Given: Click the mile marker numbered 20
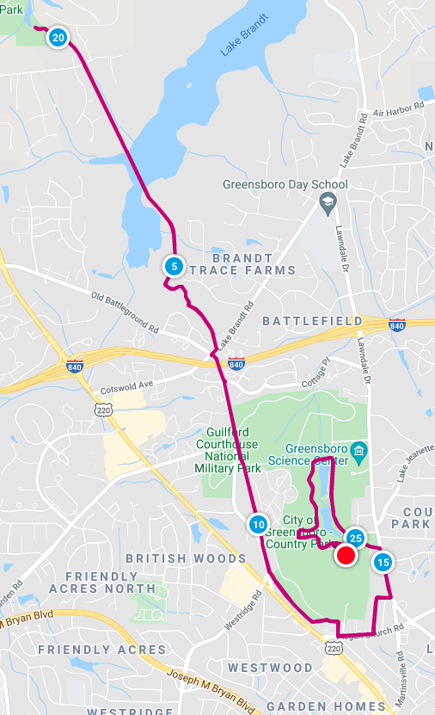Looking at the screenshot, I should pos(58,38).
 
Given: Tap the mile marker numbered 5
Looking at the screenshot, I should pos(174,267).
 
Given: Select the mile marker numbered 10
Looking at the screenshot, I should pos(258,524).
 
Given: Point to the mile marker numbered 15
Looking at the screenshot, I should pos(383,563).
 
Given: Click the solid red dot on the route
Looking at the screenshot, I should pos(346,556).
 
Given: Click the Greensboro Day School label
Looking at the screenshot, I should pos(285,184).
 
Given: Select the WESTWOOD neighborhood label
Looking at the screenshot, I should pos(270,668).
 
